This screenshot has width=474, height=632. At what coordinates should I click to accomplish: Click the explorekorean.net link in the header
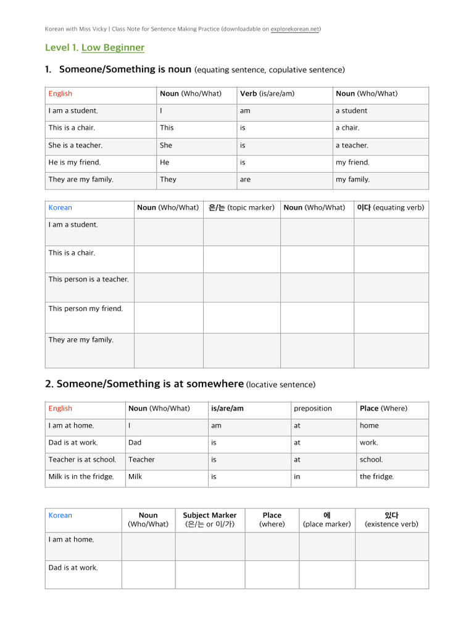click(295, 29)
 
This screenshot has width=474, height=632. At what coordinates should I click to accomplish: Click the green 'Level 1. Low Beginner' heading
click(94, 48)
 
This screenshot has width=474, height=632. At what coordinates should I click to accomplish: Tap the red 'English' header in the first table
click(60, 94)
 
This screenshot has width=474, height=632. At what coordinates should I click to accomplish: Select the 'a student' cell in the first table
click(351, 111)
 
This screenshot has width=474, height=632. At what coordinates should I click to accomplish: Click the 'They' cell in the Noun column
click(168, 180)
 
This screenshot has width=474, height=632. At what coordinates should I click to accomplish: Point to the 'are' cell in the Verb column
click(246, 180)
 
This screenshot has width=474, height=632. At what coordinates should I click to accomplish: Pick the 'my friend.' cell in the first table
click(352, 162)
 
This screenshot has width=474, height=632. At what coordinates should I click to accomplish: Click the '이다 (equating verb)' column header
click(391, 208)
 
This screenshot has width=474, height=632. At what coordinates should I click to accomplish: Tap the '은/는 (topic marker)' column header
click(241, 208)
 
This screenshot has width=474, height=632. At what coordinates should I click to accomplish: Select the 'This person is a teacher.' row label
click(89, 280)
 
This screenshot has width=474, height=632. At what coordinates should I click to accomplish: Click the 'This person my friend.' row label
click(86, 309)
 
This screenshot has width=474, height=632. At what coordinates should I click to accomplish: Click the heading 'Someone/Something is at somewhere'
click(151, 384)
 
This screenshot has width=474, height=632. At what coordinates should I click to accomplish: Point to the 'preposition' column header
click(313, 409)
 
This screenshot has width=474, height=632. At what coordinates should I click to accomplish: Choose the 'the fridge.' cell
click(376, 476)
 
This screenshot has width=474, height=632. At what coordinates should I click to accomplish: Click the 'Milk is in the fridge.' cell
click(81, 476)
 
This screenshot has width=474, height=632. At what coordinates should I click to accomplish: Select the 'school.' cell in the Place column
click(371, 460)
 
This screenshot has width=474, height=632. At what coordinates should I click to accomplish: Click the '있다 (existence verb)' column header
click(391, 520)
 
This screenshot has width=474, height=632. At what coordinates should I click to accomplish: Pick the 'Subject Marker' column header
click(210, 520)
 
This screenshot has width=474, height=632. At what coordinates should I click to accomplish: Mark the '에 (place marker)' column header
click(327, 520)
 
